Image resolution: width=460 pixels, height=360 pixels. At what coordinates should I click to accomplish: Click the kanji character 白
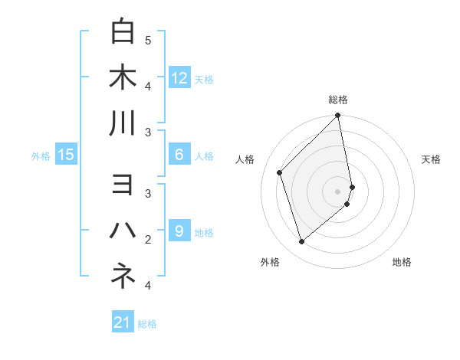123,31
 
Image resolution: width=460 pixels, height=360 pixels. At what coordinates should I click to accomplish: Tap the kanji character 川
123,123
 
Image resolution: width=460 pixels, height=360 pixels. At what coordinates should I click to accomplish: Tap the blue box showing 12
179,77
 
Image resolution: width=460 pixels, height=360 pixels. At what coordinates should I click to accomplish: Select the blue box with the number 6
179,155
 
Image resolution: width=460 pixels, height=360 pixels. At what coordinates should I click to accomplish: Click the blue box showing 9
179,231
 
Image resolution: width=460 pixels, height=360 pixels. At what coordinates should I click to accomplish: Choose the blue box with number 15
66,155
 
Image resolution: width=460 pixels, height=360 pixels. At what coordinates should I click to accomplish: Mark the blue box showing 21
123,322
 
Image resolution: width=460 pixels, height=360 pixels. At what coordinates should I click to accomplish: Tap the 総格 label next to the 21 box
147,324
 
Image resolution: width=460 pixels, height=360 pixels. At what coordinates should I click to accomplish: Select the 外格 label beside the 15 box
41,156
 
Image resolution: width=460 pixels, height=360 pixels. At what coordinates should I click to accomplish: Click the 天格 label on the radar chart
431,159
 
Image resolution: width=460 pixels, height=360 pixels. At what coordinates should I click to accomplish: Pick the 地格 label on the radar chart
402,262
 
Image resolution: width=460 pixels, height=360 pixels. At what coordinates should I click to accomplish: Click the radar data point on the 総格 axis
338,116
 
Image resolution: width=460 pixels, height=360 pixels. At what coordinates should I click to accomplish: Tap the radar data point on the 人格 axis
280,172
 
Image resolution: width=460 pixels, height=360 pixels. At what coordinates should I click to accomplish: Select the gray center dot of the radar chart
338,191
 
